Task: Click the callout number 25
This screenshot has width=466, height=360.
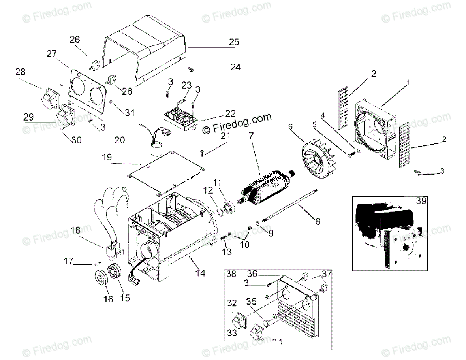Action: (x=234, y=42)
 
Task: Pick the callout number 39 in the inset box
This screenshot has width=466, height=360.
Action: (x=421, y=201)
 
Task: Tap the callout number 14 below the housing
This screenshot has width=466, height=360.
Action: (x=200, y=273)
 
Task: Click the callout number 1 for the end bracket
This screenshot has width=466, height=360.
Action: (x=408, y=83)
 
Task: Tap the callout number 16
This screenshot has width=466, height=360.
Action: (x=108, y=299)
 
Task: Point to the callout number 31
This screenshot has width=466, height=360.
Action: (x=130, y=113)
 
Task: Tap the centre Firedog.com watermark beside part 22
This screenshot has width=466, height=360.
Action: (x=237, y=124)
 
